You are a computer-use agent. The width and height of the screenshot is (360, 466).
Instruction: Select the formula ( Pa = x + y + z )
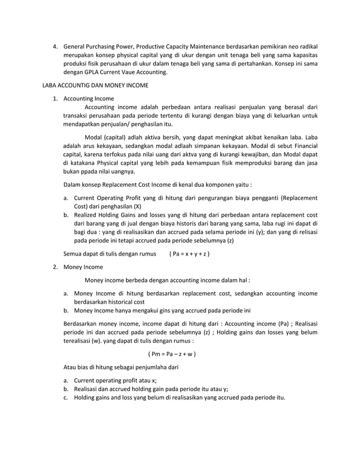[190, 253]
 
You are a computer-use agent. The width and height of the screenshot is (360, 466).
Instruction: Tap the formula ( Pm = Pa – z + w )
[172, 354]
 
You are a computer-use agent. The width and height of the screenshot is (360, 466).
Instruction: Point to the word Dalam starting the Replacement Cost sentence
[74, 184]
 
